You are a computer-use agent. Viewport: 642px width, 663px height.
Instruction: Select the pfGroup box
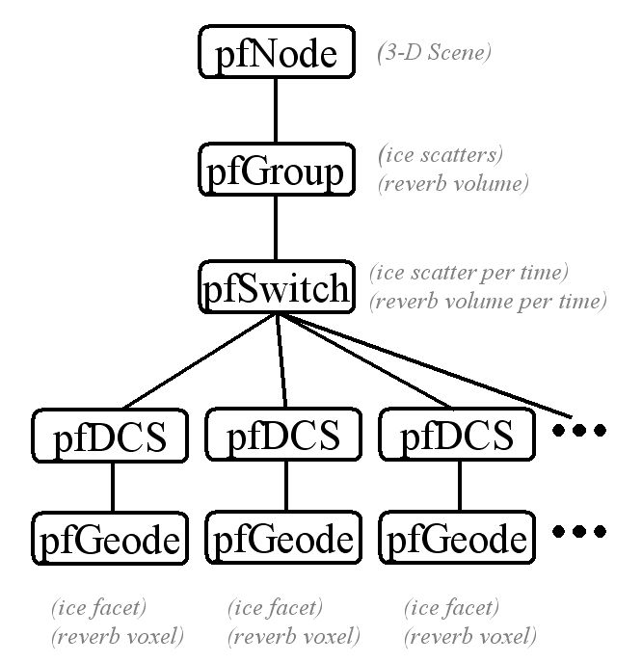(276, 171)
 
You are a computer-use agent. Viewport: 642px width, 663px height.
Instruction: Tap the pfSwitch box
(276, 287)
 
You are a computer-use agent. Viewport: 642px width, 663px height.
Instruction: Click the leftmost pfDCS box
(113, 436)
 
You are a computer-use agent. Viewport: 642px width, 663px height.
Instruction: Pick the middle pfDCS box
(284, 436)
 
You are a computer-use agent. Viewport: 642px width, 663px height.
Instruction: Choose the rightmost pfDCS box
(457, 436)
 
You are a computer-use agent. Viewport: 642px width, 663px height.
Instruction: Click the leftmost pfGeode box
(113, 538)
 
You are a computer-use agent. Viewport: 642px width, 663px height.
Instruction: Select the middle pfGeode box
(284, 538)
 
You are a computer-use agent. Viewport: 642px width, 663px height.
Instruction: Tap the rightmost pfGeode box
(457, 538)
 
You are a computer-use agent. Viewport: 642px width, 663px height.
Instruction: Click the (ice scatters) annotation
(441, 154)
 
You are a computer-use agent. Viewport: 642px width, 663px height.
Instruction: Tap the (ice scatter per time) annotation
(468, 273)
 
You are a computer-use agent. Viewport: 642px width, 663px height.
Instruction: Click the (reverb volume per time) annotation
(487, 301)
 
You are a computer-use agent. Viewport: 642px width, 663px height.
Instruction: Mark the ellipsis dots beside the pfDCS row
(578, 431)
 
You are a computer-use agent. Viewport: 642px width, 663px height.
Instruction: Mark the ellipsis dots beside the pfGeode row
(578, 531)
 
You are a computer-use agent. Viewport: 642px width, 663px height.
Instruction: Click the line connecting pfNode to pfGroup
(276, 111)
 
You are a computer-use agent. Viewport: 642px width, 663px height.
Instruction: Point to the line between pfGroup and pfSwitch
(276, 228)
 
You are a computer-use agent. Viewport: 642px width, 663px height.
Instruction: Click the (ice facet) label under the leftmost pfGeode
(98, 608)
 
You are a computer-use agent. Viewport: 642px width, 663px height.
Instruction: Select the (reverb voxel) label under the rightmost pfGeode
(469, 636)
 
